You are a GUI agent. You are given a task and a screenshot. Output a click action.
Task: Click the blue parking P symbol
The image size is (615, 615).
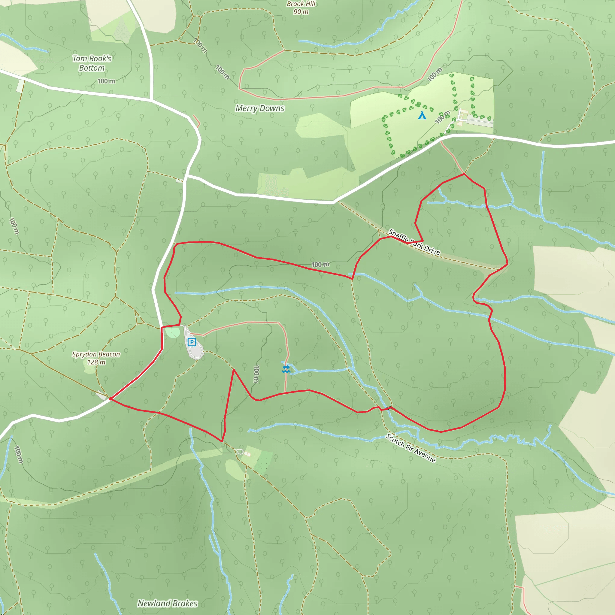191,342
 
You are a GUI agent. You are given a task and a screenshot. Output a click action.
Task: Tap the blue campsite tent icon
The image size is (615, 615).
422,115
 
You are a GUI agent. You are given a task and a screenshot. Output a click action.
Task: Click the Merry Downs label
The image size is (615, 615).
260,108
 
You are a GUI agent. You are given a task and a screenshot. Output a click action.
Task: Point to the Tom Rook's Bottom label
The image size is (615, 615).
92,63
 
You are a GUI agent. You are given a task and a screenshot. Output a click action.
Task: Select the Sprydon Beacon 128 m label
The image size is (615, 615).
96,358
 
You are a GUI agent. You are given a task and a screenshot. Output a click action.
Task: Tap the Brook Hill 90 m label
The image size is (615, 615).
301,8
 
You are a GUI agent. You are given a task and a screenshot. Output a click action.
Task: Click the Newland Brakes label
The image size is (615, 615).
167,603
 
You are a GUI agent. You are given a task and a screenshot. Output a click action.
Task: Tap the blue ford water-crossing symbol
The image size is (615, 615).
286,369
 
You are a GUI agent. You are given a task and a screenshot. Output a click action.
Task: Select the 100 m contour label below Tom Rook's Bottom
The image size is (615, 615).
106,81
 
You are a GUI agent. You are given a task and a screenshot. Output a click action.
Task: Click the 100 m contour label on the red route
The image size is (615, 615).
320,265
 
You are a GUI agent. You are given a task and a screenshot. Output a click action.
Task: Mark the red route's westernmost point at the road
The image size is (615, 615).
110,398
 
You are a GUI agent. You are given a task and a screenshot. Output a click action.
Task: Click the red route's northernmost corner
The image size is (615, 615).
464,174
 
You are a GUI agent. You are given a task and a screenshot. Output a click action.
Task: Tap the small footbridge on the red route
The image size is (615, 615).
389,408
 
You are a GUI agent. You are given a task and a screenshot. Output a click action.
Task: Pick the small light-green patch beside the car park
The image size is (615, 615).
173,332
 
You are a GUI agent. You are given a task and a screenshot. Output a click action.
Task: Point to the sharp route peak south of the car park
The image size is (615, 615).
233,370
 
